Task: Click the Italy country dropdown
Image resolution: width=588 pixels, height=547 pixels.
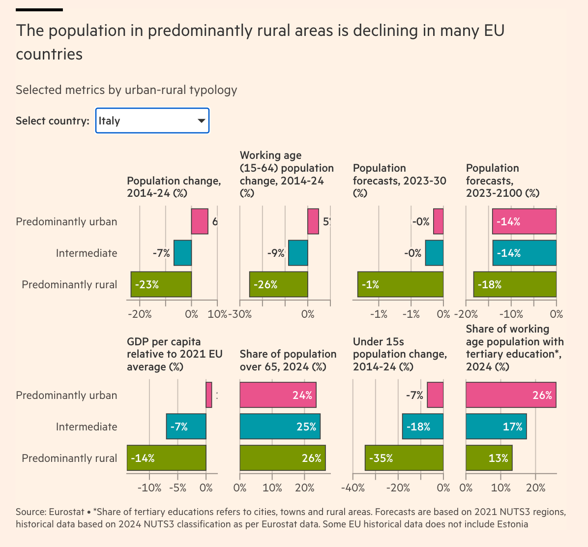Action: (x=152, y=121)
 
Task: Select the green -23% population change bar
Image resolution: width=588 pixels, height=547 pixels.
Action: (x=161, y=284)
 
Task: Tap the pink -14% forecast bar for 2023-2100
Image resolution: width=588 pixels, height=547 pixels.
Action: (x=524, y=221)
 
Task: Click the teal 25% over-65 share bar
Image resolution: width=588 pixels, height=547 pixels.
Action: (x=280, y=426)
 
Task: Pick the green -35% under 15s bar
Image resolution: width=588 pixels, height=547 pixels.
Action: (x=404, y=458)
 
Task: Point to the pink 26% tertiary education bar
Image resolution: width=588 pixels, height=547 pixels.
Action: (x=511, y=395)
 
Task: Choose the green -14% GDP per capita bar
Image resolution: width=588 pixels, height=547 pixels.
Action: (x=166, y=458)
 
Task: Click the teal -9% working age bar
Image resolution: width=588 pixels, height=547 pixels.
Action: (x=298, y=253)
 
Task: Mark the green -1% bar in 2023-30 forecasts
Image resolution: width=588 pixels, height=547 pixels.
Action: (x=400, y=284)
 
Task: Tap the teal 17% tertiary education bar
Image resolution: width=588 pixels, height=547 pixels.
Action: (x=496, y=426)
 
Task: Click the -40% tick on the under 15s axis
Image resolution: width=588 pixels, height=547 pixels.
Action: (x=353, y=488)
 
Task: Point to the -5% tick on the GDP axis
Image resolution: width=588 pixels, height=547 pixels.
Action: (x=177, y=488)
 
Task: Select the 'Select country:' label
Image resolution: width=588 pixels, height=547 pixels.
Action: (x=53, y=121)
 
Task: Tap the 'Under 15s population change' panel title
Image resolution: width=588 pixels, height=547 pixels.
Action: (x=400, y=354)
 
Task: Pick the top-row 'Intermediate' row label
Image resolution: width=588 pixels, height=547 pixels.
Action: (x=87, y=253)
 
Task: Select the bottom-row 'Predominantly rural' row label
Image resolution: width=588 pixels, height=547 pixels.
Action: (x=69, y=458)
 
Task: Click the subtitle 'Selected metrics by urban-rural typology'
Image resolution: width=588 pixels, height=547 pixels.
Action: (x=126, y=90)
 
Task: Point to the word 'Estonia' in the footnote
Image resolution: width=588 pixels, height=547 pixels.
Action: (x=511, y=524)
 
